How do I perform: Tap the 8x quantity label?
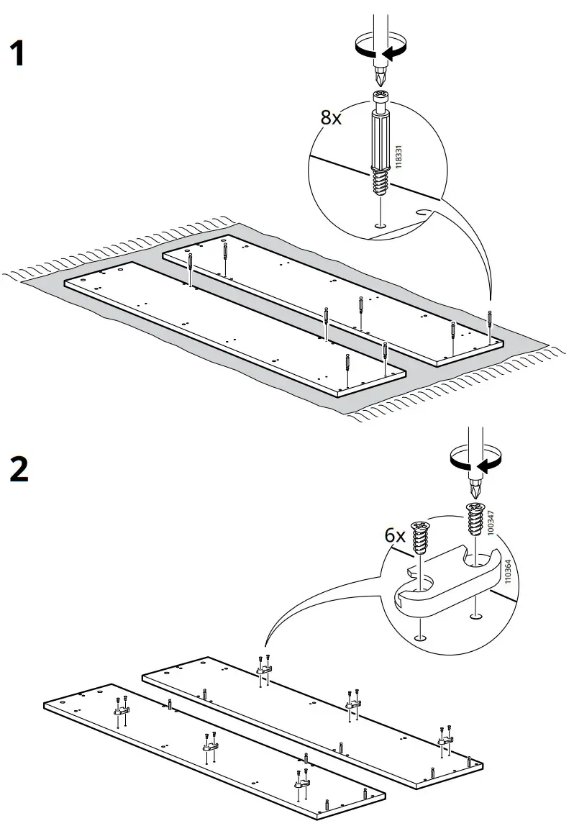pyautogui.click(x=331, y=118)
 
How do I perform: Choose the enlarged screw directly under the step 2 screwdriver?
pyautogui.click(x=474, y=519)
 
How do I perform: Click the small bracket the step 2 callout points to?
pyautogui.click(x=263, y=670)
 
